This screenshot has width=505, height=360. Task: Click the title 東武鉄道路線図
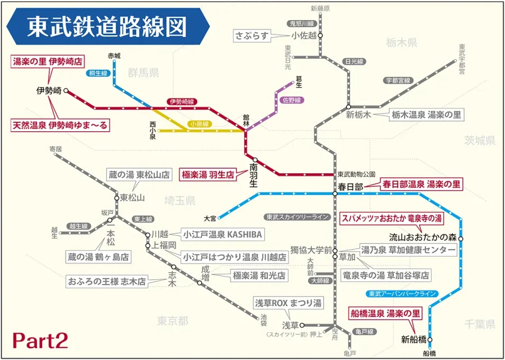pos(107,27)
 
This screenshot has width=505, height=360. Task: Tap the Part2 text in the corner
pos(40,340)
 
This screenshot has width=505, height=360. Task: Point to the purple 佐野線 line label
pos(292,100)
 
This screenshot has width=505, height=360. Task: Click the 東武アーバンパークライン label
pos(402,294)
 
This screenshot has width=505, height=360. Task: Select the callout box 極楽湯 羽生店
pos(206,174)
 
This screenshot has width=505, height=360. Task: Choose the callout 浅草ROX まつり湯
pos(288,303)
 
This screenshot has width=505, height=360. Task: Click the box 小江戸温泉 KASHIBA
pos(221,234)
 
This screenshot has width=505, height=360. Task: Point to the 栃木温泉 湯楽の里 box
pos(426,115)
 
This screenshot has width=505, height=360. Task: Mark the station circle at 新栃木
pos(348,107)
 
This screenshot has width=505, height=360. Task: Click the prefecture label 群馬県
pos(144,72)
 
